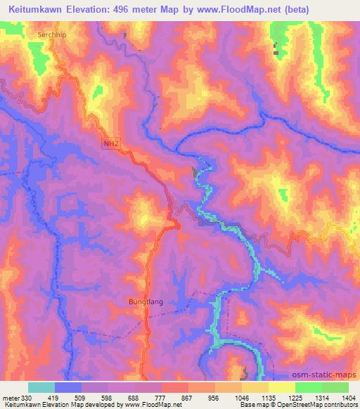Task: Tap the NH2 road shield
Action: point(109,143)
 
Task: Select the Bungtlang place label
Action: point(146,302)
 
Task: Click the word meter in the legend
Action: point(11,397)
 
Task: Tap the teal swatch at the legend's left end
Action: point(41,387)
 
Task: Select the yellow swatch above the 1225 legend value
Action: point(281,387)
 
